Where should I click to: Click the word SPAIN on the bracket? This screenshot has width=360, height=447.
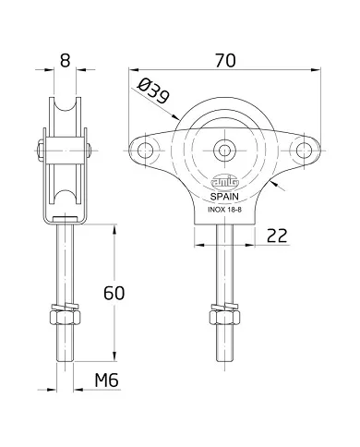225,196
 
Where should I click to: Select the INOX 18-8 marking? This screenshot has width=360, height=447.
225,209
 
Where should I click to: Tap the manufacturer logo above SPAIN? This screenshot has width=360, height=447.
225,182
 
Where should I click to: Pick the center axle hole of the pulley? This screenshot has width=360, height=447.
225,149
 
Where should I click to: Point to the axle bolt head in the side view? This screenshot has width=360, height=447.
42,149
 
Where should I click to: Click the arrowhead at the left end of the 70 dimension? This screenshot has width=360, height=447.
131,70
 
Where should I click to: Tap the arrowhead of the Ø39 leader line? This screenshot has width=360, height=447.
175,117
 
